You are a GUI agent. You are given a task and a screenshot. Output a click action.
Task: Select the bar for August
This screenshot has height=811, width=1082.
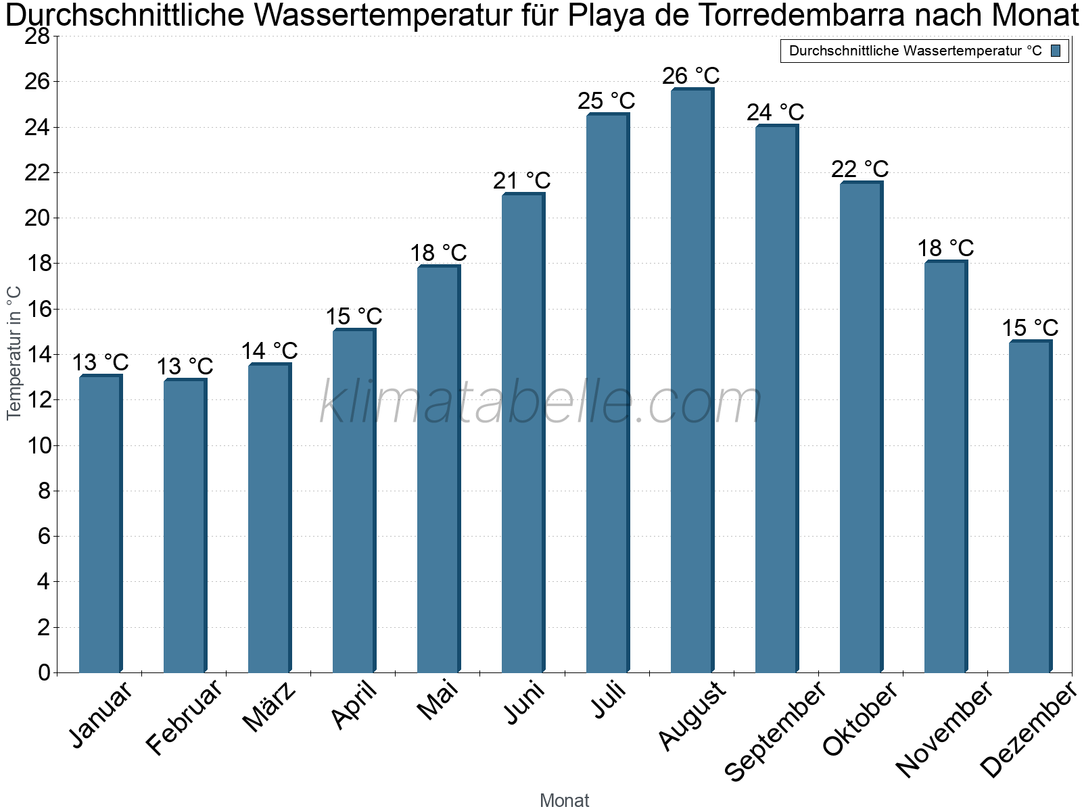pos(692,380)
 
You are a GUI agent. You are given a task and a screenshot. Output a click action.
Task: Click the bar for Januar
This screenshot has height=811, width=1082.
pos(101,523)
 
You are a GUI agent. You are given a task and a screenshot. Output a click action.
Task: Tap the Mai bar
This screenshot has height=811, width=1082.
pos(439,468)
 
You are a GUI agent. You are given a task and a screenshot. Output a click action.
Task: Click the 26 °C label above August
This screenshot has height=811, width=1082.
pos(691,76)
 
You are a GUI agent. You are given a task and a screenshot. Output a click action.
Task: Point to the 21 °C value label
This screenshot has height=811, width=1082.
pos(521,180)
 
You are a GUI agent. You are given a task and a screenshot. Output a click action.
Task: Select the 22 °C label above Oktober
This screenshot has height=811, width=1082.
pos(860,169)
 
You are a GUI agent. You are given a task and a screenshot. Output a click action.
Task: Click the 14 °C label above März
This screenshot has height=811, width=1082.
pos(269,351)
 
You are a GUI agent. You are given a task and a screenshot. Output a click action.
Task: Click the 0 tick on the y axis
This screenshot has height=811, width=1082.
pos(44,672)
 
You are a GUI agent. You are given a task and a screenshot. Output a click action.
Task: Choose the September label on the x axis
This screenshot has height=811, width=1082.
pos(774,731)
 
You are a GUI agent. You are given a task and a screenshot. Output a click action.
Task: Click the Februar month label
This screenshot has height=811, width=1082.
pos(183,717)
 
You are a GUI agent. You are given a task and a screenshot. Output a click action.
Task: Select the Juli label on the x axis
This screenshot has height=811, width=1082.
pos(609,699)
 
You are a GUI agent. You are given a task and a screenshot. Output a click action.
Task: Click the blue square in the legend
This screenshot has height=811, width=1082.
pos(1056,51)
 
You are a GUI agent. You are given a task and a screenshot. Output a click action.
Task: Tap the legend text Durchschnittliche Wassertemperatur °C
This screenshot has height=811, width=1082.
pos(916,51)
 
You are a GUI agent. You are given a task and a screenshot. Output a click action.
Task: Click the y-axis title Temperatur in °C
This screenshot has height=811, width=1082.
pos(14,353)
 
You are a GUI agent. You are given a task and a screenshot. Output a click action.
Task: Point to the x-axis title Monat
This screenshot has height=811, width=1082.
pos(565,800)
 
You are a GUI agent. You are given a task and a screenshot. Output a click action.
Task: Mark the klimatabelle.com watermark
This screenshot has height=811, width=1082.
pos(541,402)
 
